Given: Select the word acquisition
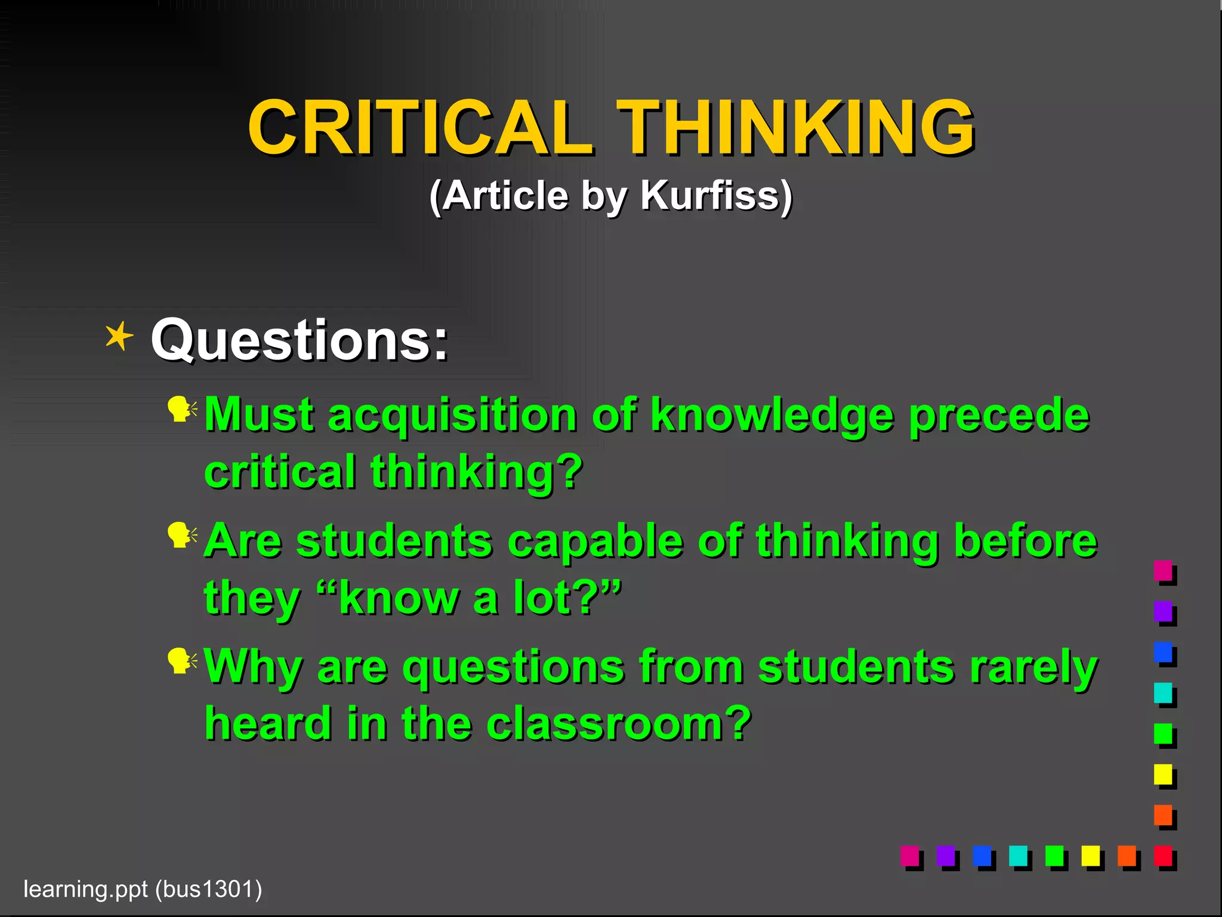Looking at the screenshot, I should [x=452, y=415].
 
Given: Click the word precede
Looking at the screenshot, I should [x=999, y=415].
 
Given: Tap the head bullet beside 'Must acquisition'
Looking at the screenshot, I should [x=181, y=410].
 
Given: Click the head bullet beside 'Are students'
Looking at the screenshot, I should [x=181, y=536].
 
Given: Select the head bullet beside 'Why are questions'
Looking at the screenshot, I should [x=181, y=661].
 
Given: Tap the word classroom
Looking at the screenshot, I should [x=619, y=723].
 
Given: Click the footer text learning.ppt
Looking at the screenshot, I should [x=85, y=889].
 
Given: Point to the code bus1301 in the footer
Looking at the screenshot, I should [x=208, y=889].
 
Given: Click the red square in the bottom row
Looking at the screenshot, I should [x=1164, y=857].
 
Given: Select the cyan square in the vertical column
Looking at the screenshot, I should [x=1164, y=693].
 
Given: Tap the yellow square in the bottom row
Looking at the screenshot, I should [x=1091, y=857].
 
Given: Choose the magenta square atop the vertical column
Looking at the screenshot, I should [x=1164, y=571].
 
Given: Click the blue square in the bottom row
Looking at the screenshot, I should [x=982, y=857].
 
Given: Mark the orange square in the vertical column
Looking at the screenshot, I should [x=1164, y=816].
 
